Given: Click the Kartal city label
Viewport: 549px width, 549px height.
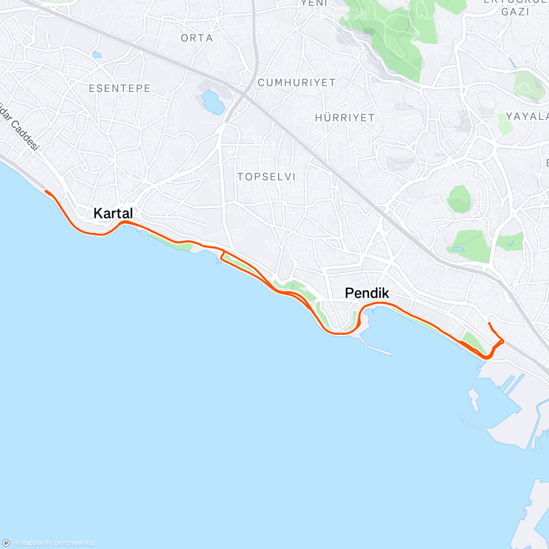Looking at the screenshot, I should click(x=113, y=213).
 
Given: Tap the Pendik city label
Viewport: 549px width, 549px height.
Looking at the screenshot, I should click(x=367, y=293).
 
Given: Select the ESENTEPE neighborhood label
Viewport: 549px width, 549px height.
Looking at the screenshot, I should click(x=119, y=88).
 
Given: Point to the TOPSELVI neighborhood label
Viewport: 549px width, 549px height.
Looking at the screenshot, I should click(x=266, y=177).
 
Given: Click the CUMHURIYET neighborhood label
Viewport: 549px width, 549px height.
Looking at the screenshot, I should click(x=296, y=83).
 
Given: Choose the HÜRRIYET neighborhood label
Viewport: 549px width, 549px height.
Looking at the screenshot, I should click(x=344, y=118).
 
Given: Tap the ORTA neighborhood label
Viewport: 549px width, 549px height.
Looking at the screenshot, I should click(x=197, y=38).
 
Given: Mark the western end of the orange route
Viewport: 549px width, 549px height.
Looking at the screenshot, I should click(x=46, y=191).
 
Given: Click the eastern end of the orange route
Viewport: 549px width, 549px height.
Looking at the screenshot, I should click(x=490, y=323).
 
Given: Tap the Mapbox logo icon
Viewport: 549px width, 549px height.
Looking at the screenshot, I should click(x=6, y=543).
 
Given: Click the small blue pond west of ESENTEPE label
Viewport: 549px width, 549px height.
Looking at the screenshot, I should click(x=96, y=55).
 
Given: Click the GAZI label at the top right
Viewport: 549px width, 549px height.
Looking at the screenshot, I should click(x=515, y=12).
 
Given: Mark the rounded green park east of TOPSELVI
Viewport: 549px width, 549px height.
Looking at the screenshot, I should click(x=459, y=199).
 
